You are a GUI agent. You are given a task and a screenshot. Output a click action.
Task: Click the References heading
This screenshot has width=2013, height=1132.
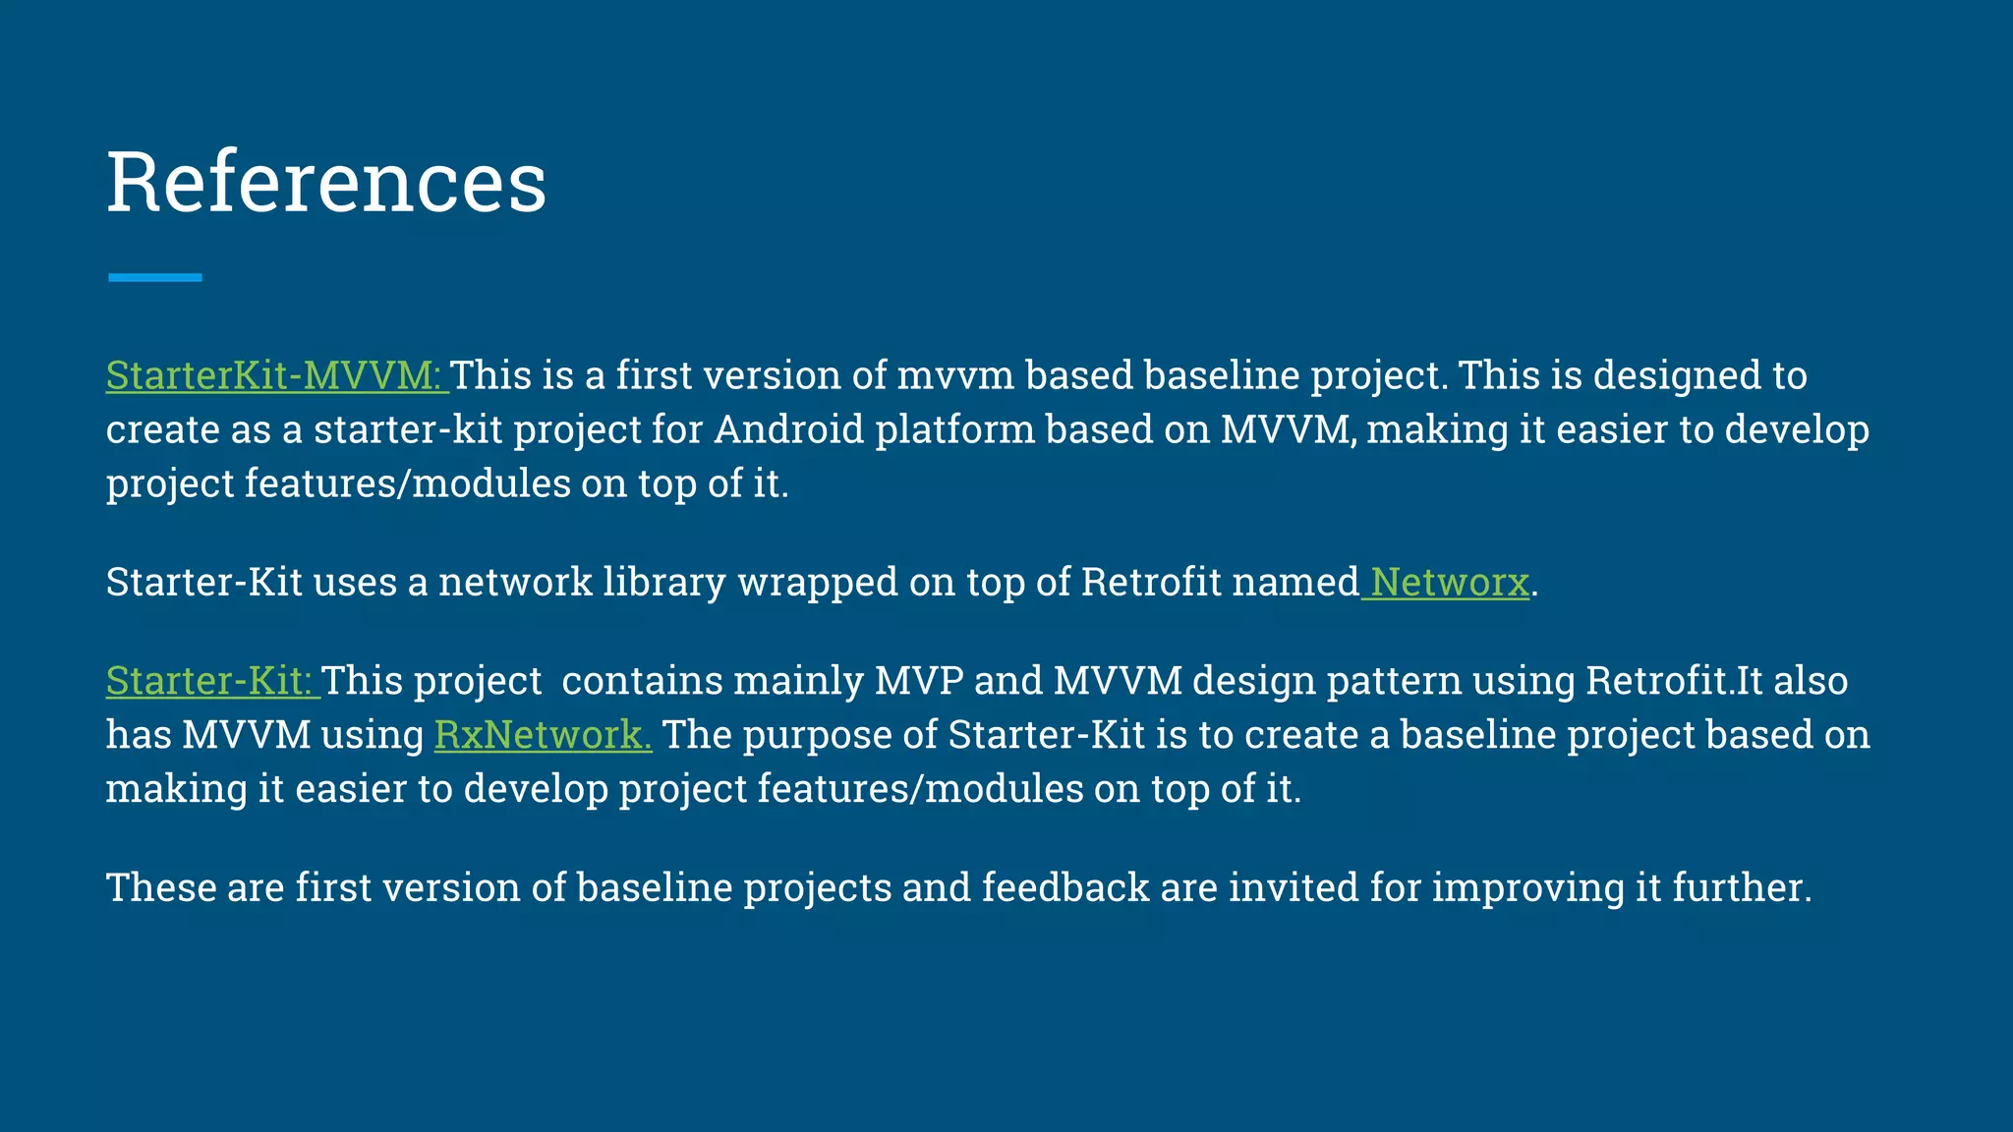point(326,182)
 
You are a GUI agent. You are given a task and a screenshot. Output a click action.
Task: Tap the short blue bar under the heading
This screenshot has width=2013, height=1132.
point(155,278)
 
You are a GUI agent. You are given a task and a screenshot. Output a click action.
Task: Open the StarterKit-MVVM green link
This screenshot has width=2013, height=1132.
point(275,376)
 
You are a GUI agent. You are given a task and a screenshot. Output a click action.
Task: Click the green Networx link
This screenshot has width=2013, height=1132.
point(1449,583)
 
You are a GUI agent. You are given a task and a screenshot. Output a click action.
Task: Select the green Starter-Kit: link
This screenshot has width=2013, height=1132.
point(210,681)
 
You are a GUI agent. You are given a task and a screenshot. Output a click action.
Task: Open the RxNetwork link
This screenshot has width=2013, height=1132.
point(543,735)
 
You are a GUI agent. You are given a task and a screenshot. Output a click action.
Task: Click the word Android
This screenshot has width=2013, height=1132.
point(788,430)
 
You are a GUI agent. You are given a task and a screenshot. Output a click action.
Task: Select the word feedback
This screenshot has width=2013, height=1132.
point(1064,887)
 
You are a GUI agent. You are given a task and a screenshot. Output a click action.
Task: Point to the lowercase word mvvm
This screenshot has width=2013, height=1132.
point(955,376)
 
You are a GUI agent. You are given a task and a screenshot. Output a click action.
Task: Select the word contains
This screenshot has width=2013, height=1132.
point(641,681)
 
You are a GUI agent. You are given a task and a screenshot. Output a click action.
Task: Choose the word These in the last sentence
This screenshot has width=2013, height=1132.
point(160,887)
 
